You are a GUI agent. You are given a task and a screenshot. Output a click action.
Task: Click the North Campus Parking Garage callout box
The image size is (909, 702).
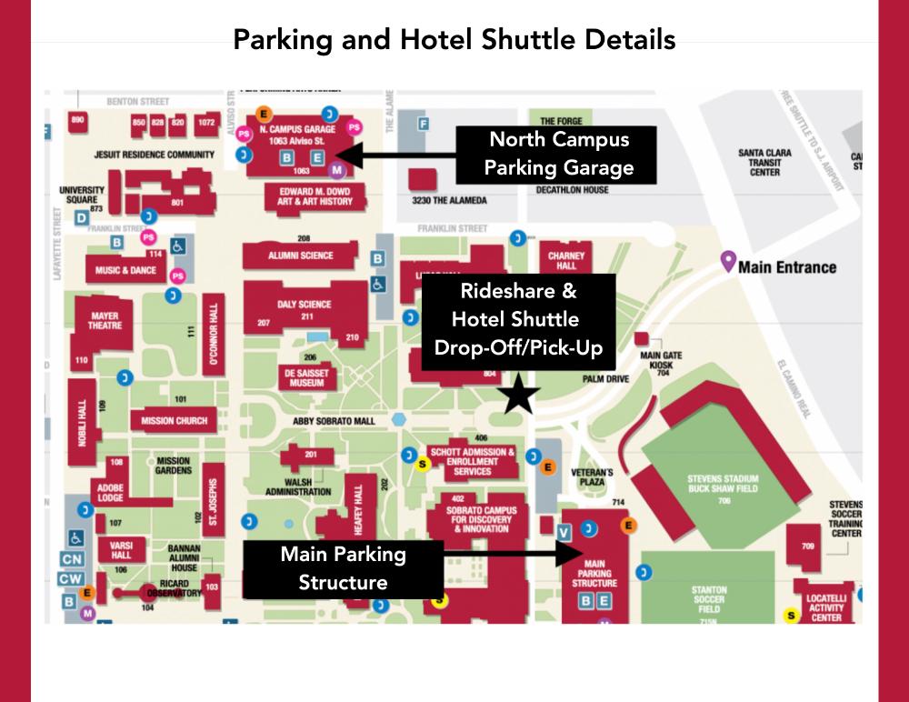click(558, 153)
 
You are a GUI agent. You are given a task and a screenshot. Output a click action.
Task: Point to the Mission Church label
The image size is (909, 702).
click(174, 421)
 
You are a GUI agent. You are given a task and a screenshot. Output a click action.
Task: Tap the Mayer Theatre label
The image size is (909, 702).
click(104, 322)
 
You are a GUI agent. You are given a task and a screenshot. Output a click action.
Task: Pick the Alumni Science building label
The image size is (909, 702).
click(301, 256)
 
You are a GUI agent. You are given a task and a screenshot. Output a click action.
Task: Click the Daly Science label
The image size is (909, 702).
click(305, 305)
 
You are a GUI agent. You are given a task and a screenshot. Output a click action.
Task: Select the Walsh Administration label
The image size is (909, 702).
click(298, 486)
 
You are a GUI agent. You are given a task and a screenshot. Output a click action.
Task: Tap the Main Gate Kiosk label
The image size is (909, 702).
click(662, 363)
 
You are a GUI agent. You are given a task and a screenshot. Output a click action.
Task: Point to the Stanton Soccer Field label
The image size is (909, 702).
click(708, 598)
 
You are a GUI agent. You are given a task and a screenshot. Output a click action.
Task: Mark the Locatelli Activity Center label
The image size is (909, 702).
click(826, 608)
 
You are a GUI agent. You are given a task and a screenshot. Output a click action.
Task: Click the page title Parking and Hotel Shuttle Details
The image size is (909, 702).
click(454, 41)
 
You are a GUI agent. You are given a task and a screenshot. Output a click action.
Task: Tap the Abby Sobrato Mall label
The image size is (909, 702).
click(334, 421)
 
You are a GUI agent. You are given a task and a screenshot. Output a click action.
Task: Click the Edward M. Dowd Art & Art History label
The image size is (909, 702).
click(315, 196)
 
